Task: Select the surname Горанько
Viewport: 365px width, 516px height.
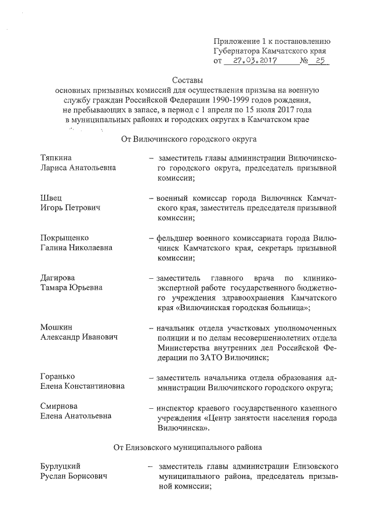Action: tap(58, 377)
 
